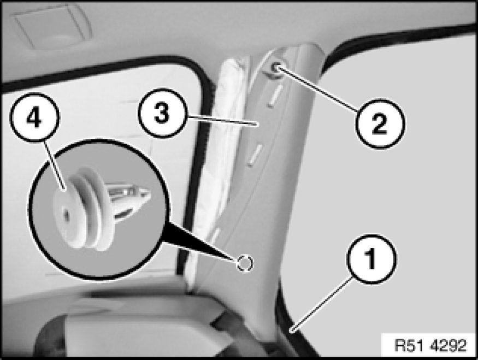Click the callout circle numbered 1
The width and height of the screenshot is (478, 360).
[371, 259]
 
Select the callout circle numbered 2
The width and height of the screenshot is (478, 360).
[380, 124]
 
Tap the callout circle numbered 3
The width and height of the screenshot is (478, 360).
[162, 113]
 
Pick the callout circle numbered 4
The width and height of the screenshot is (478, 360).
[35, 118]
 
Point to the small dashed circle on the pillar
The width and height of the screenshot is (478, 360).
[245, 263]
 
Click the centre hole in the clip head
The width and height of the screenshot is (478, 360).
[66, 214]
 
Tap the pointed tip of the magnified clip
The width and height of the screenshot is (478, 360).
[149, 192]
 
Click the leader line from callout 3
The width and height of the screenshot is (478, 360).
[221, 120]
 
